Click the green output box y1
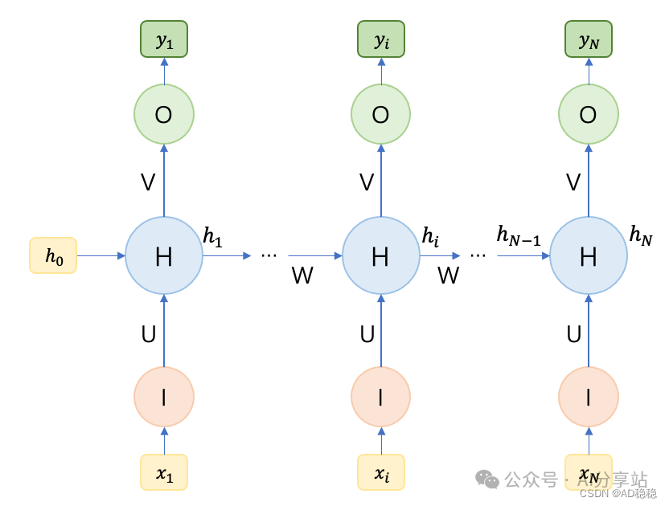point(164,39)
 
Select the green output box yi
point(381,39)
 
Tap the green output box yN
point(589,39)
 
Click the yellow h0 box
point(53,255)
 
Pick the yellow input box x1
point(164,472)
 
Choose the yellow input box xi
point(381,472)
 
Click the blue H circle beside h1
point(164,255)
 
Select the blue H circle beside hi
point(381,255)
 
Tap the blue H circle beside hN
point(589,255)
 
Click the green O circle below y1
point(164,115)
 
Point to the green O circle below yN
point(589,115)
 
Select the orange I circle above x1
point(164,396)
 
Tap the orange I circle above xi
point(381,396)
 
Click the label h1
point(214,236)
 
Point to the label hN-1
point(519,235)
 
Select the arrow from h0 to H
point(101,255)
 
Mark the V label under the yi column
point(367,182)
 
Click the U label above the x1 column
point(149,334)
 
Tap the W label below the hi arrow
point(448,275)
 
